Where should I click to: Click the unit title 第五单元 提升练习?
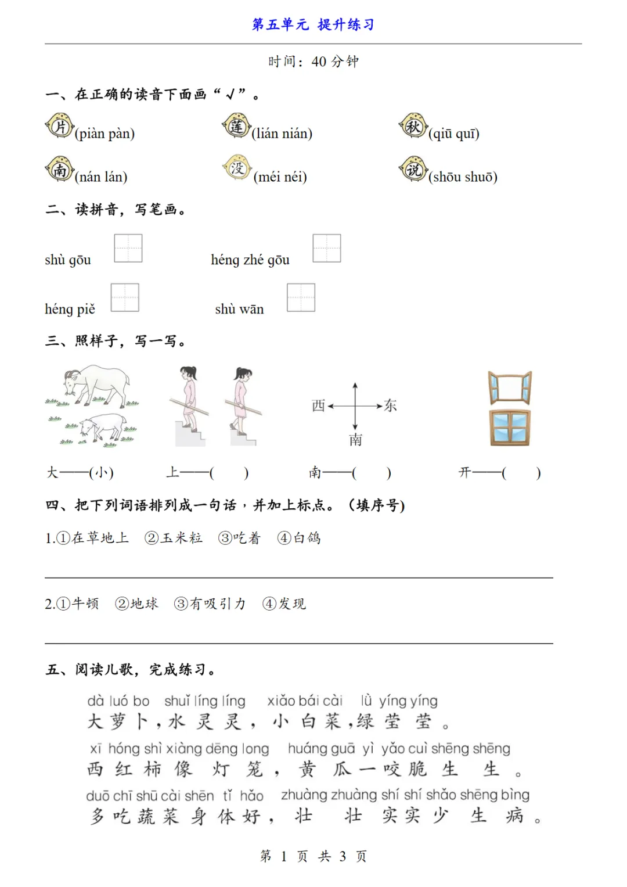coord(313,24)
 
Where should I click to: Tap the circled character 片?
coord(60,127)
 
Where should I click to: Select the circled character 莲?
coord(236,126)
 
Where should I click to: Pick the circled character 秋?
coord(413,126)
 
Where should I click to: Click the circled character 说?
coord(413,170)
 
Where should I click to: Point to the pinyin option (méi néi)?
coord(280,177)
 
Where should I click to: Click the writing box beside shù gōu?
coord(128,248)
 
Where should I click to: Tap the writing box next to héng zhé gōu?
coord(327,248)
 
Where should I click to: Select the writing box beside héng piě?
coord(125,297)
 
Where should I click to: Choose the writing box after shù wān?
coord(301,297)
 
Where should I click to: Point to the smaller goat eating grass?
coord(102,428)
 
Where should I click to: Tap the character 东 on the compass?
coord(391,405)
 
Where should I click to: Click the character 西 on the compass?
coord(318,405)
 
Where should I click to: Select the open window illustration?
coord(510,387)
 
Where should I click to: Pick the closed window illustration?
coord(510,428)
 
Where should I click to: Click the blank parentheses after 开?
coord(521,473)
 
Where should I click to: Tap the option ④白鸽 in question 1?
coord(299,538)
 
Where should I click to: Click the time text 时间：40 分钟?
coord(313,62)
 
